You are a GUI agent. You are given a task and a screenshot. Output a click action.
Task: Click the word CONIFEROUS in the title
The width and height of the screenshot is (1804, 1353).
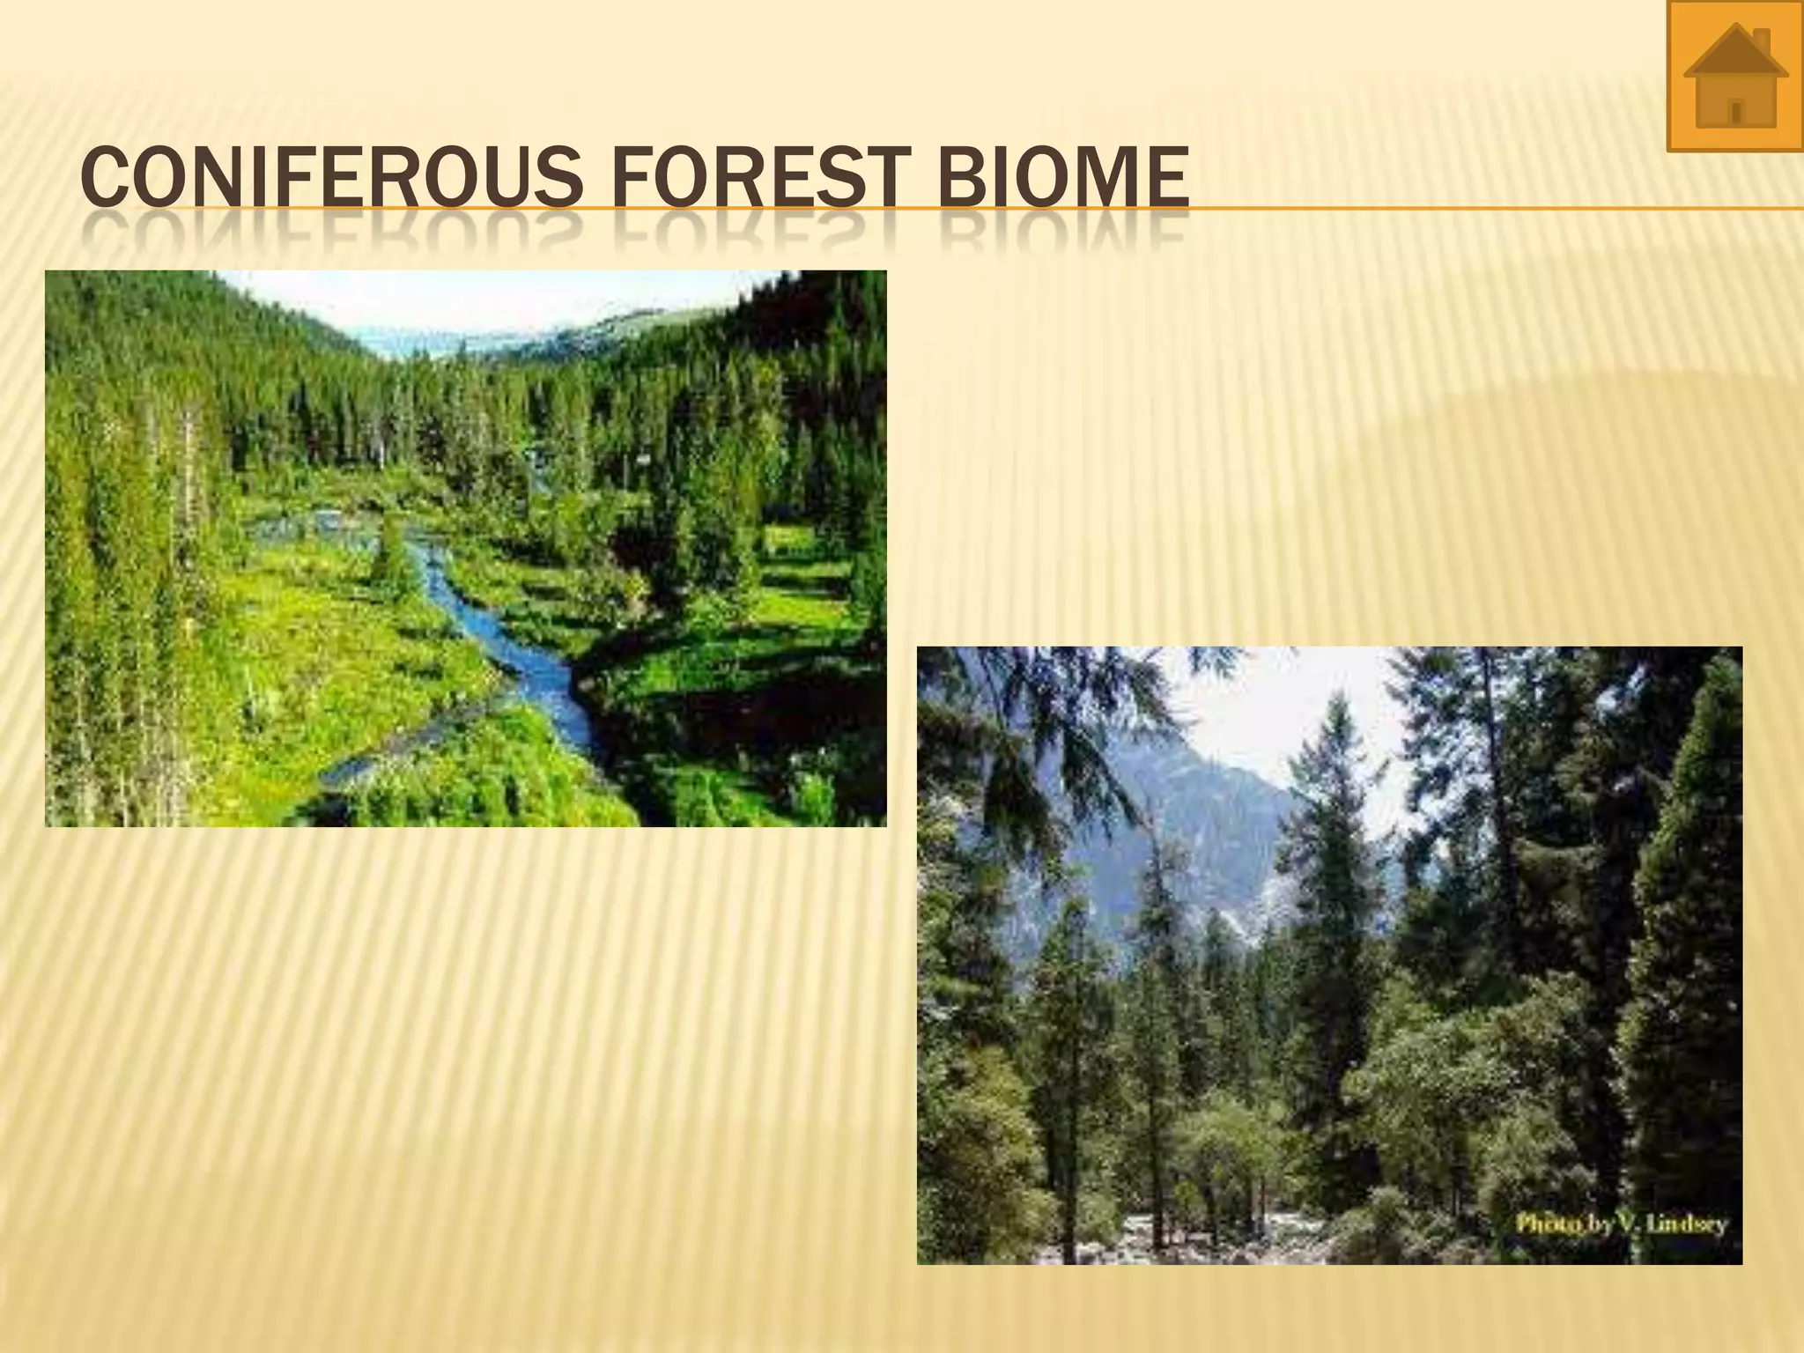pos(329,178)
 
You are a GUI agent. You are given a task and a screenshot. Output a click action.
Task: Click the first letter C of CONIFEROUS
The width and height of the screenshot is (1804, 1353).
pos(103,178)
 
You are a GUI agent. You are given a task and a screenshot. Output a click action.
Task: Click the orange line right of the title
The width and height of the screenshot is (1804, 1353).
pos(1497,209)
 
